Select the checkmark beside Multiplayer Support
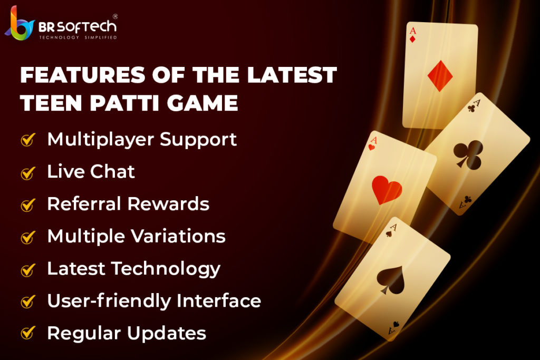point(28,140)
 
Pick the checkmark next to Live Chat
point(28,172)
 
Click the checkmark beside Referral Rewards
point(28,205)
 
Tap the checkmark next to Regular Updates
point(28,333)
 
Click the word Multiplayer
point(101,140)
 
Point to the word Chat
point(113,171)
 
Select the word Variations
point(179,236)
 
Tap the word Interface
point(219,301)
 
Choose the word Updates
point(167,334)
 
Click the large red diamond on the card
point(440,76)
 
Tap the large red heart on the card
point(387,190)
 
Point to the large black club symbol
point(468,154)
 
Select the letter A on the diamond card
point(413,31)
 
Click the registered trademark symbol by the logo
point(115,16)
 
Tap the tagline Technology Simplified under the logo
point(78,37)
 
